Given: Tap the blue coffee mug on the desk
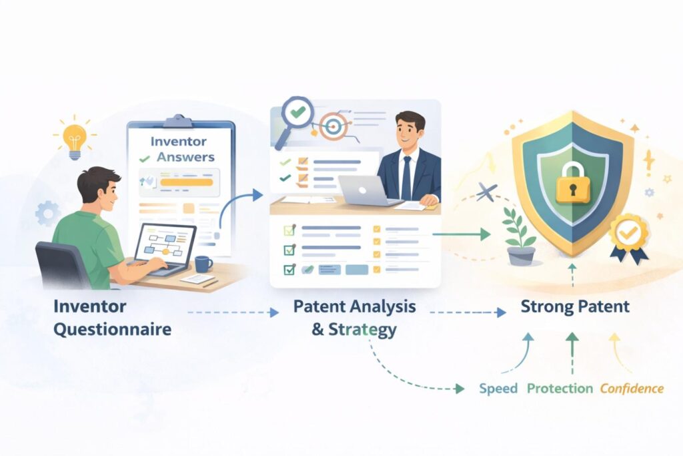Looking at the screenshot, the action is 203,264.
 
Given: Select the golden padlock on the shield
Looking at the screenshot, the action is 573,183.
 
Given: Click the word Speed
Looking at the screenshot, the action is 498,389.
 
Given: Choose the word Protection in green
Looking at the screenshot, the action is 560,389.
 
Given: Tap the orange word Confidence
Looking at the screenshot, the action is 632,389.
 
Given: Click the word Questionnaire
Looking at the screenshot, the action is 112,330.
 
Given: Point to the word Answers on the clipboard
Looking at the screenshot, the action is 185,157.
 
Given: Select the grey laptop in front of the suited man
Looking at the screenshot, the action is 368,192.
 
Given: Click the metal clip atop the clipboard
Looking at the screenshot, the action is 179,121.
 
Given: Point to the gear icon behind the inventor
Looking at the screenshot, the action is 47,214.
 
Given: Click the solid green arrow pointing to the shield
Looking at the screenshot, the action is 462,234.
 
